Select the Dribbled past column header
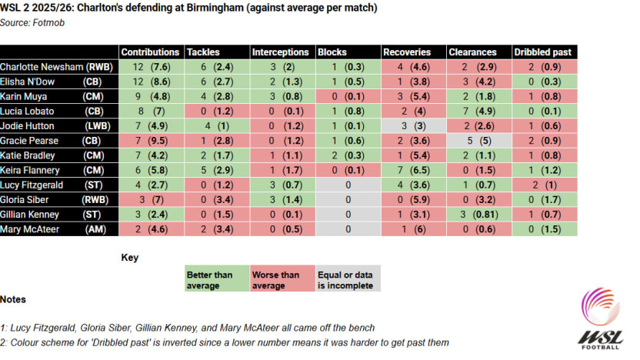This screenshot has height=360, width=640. (x=545, y=52)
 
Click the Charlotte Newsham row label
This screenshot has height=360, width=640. (x=58, y=67)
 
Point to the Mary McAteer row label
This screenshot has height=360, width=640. (x=58, y=228)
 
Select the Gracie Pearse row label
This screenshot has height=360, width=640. (x=58, y=140)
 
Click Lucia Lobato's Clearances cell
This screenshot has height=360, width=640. (x=480, y=111)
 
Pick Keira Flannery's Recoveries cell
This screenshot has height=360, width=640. (x=415, y=169)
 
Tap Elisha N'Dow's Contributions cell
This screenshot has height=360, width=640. (x=151, y=82)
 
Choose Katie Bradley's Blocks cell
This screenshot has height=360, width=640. (x=348, y=155)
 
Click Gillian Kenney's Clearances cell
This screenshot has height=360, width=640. (x=480, y=214)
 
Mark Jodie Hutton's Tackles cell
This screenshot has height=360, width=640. (x=216, y=125)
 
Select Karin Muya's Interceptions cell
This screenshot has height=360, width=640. (x=282, y=96)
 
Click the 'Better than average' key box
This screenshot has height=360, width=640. (x=216, y=279)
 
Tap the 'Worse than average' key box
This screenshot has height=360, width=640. (x=282, y=279)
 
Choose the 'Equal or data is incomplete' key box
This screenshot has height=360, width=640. (x=348, y=279)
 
